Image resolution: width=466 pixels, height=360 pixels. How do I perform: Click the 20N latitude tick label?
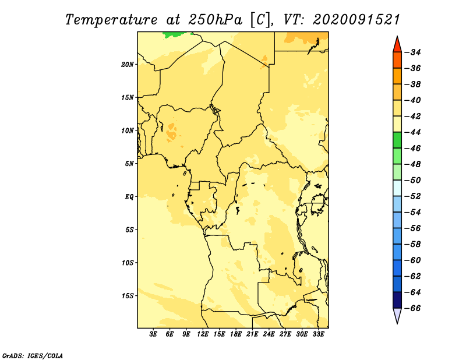click(128, 65)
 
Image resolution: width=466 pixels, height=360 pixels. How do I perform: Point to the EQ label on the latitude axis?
click(129, 197)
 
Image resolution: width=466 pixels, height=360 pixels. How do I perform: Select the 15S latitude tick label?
click(128, 296)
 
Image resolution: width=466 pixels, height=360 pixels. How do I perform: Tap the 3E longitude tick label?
click(153, 334)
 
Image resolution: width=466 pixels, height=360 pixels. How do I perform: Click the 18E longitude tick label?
click(236, 334)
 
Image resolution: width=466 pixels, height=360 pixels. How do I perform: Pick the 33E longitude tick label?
click(318, 334)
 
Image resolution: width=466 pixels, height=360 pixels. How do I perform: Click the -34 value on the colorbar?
click(413, 52)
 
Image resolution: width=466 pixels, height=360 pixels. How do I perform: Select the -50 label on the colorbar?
click(413, 181)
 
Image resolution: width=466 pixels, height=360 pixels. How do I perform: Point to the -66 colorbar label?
click(413, 308)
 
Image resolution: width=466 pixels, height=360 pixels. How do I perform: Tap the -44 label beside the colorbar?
click(413, 132)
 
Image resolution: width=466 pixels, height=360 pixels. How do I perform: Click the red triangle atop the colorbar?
click(397, 45)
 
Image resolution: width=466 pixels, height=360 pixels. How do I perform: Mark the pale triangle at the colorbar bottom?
click(397, 316)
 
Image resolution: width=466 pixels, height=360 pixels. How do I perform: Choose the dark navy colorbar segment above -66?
click(397, 300)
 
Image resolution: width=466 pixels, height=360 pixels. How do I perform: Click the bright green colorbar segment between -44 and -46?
click(397, 140)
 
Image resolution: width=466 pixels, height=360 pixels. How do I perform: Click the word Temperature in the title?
click(111, 20)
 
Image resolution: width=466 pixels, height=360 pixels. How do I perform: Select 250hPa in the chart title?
click(215, 20)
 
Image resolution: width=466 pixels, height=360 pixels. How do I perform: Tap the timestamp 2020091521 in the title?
click(356, 20)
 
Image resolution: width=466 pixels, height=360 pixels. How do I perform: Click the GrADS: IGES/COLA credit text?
click(33, 356)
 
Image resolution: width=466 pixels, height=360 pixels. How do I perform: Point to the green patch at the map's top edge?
click(174, 35)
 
